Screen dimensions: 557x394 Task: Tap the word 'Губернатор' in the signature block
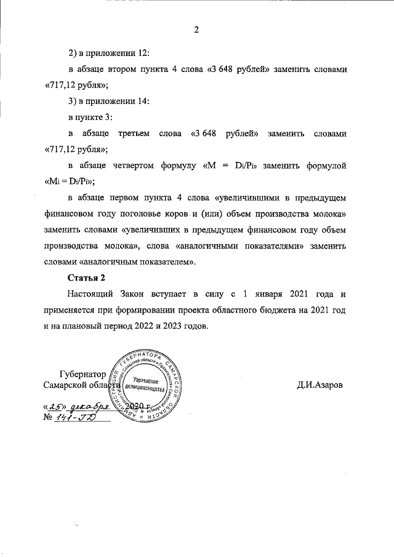click(x=82, y=374)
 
